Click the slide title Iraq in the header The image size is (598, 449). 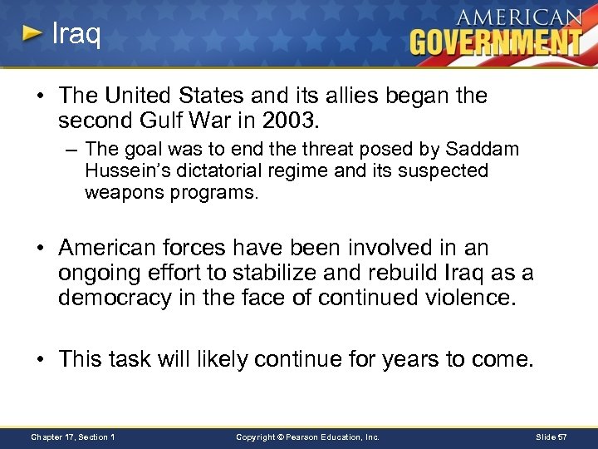pyautogui.click(x=76, y=35)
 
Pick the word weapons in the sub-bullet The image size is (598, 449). pyautogui.click(x=119, y=193)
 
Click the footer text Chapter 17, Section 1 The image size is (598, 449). pyautogui.click(x=72, y=437)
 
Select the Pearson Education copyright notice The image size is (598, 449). pyautogui.click(x=307, y=437)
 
